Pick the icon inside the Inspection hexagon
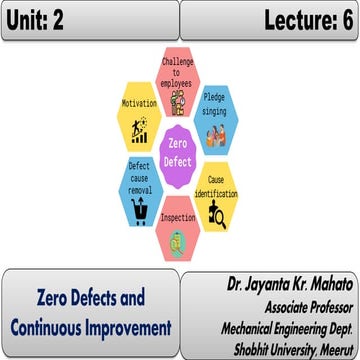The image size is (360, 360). [x=178, y=238]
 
